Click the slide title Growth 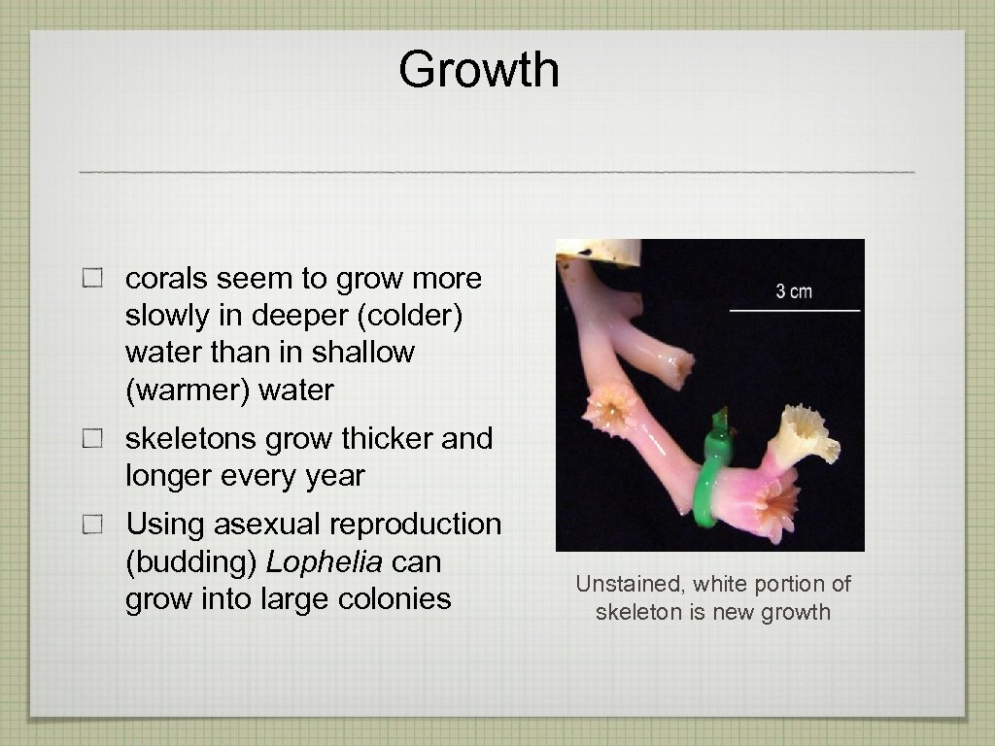478,71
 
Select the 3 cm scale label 794,291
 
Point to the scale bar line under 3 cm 795,310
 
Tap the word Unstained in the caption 618,584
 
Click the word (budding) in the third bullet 191,562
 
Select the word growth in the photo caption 799,612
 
